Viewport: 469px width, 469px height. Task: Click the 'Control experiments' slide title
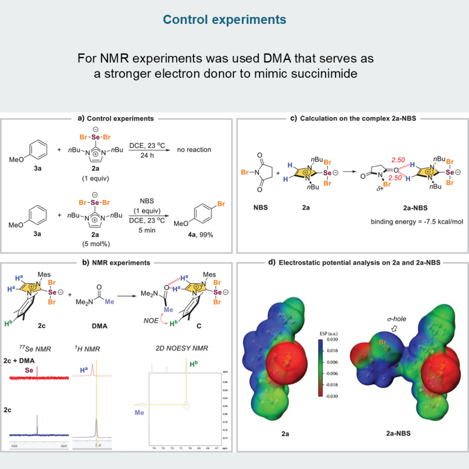224,20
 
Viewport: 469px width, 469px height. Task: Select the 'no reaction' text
196,150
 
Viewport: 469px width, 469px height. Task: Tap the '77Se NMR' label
30,349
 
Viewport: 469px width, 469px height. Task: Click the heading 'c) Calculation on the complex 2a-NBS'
351,118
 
